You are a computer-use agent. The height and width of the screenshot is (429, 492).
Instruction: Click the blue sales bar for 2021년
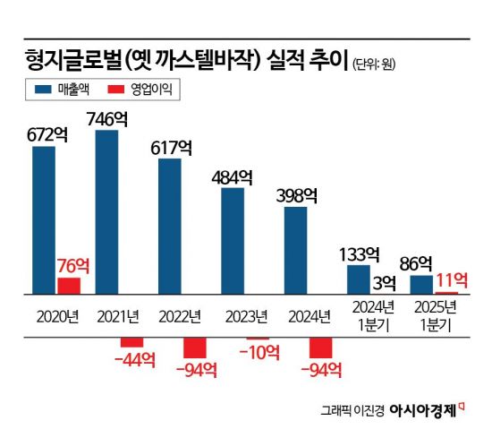coord(106,211)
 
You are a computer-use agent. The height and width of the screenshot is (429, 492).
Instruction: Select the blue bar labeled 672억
coord(44,219)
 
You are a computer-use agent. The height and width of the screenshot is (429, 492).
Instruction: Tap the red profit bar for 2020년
coord(69,285)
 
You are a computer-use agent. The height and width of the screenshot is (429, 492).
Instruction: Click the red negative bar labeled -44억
coord(131,341)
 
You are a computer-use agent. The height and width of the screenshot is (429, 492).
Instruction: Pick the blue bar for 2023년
coord(233,240)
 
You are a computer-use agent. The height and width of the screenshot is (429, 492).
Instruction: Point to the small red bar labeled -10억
coord(258,338)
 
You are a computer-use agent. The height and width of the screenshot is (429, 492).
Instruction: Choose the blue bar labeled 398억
coord(295,250)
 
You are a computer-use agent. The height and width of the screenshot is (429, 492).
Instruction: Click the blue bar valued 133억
coord(359,279)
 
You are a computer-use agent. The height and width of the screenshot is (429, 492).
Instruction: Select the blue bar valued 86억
coord(421,284)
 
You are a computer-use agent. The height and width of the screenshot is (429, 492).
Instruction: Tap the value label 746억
coord(106,116)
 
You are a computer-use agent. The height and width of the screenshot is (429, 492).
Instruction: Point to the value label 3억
coord(386,283)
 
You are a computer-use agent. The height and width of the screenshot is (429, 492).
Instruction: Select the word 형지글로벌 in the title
coord(72,60)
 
